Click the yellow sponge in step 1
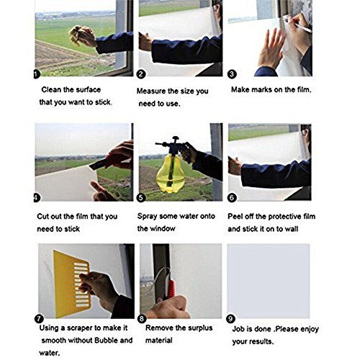pos(77,35)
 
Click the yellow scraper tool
pos(72,284)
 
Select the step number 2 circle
pos(141,74)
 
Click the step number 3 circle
pos(232,74)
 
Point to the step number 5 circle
pos(141,198)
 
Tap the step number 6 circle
pos(232,198)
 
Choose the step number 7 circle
pos(39,319)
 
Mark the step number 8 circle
pos(142,319)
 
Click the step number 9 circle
pos(230,319)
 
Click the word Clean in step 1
pos(52,90)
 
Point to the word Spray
pos(147,217)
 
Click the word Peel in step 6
pos(235,217)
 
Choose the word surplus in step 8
pos(199,328)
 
